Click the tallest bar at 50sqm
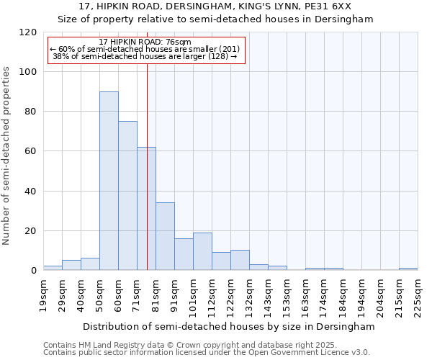point(109,181)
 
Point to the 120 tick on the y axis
point(28,32)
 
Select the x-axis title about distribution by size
point(229,326)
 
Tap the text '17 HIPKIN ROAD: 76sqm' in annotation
point(145,42)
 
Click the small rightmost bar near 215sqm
point(408,269)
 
